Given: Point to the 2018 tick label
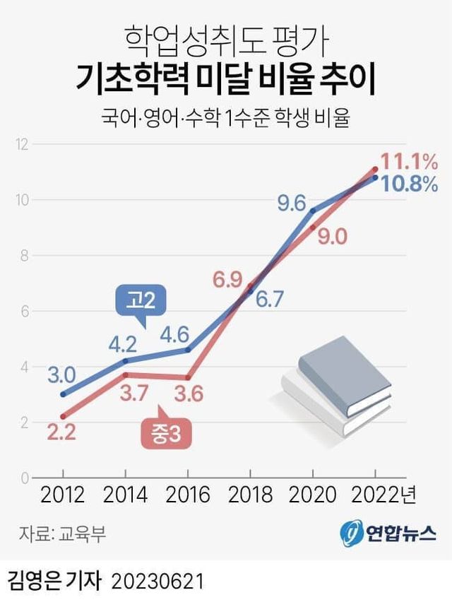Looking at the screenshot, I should tap(250, 494).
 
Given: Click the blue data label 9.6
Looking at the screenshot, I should tap(291, 204).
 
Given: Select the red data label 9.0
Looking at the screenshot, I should tap(332, 237).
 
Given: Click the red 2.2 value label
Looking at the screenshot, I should tap(61, 432).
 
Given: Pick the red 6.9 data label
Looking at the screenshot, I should tap(228, 279).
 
